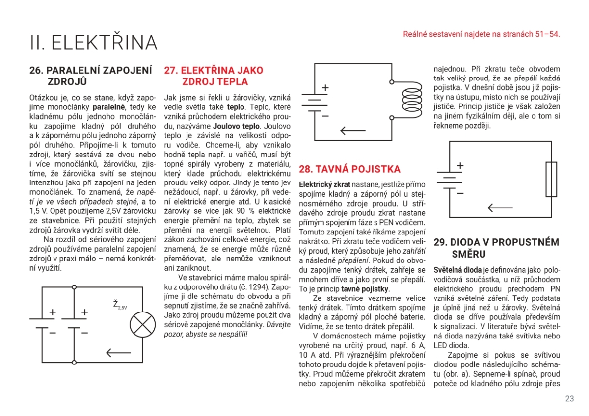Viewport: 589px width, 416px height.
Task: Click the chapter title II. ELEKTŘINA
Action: pos(93,43)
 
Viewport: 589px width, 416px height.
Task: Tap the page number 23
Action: pos(569,398)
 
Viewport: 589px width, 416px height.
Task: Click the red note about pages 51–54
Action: pos(481,34)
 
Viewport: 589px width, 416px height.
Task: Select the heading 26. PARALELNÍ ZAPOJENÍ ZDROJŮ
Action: pos(91,76)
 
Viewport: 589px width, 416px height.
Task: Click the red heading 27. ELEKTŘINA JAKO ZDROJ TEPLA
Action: pos(214,76)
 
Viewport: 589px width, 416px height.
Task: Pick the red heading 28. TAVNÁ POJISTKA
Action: pos(349,169)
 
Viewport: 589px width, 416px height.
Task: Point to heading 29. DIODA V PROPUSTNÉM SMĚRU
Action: pos(497,248)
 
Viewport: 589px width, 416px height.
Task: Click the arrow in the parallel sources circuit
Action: pos(118,352)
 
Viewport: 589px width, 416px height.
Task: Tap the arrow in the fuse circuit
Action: pos(500,208)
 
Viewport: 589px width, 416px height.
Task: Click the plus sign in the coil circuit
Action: pos(325,88)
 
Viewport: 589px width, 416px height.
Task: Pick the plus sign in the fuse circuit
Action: pos(460,166)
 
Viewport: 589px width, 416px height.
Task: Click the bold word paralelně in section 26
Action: pos(109,106)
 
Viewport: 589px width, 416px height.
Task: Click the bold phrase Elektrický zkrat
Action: pos(324,184)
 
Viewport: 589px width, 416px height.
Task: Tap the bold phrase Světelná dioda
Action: pos(457,270)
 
